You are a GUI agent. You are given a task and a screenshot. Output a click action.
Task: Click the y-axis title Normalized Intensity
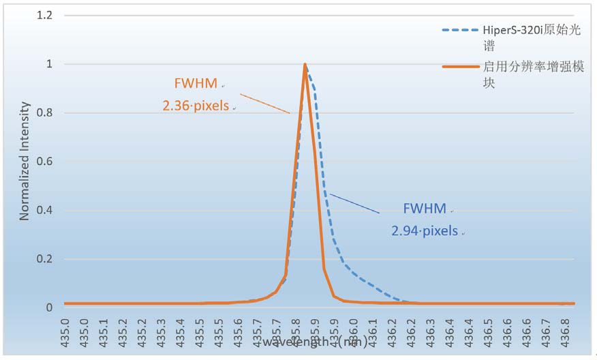click(x=25, y=161)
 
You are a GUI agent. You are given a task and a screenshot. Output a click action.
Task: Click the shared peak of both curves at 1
click(x=305, y=64)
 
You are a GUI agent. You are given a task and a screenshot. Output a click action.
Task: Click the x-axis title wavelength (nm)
click(x=314, y=340)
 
